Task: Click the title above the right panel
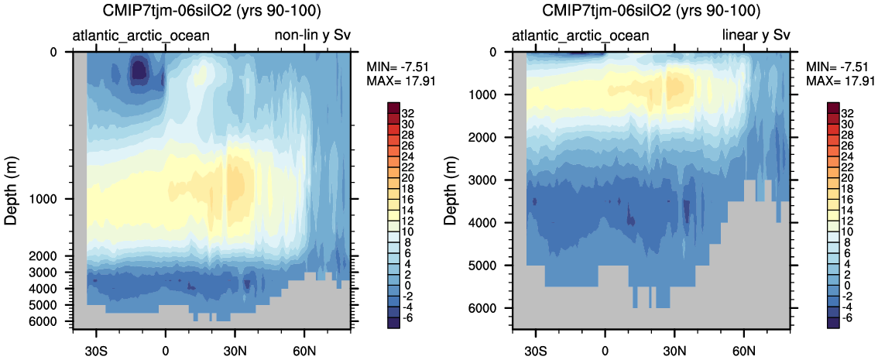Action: tap(650, 12)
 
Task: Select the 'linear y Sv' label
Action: tap(756, 36)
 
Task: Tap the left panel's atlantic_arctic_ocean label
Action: tap(141, 36)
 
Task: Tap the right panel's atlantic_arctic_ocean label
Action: tap(581, 36)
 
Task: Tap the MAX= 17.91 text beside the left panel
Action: tap(394, 81)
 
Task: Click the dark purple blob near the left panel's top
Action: tap(139, 70)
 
